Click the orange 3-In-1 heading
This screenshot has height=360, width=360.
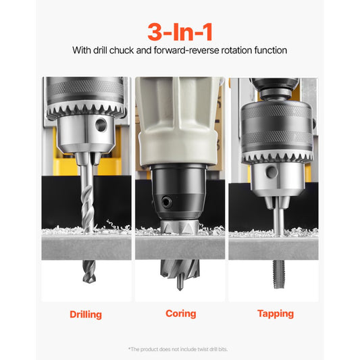(x=180, y=30)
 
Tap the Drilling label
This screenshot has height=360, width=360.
(x=86, y=314)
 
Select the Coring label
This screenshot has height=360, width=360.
(x=180, y=313)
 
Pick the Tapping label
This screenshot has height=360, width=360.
(x=275, y=313)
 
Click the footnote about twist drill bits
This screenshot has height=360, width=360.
(x=180, y=349)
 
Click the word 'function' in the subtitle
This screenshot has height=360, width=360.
(x=268, y=50)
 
